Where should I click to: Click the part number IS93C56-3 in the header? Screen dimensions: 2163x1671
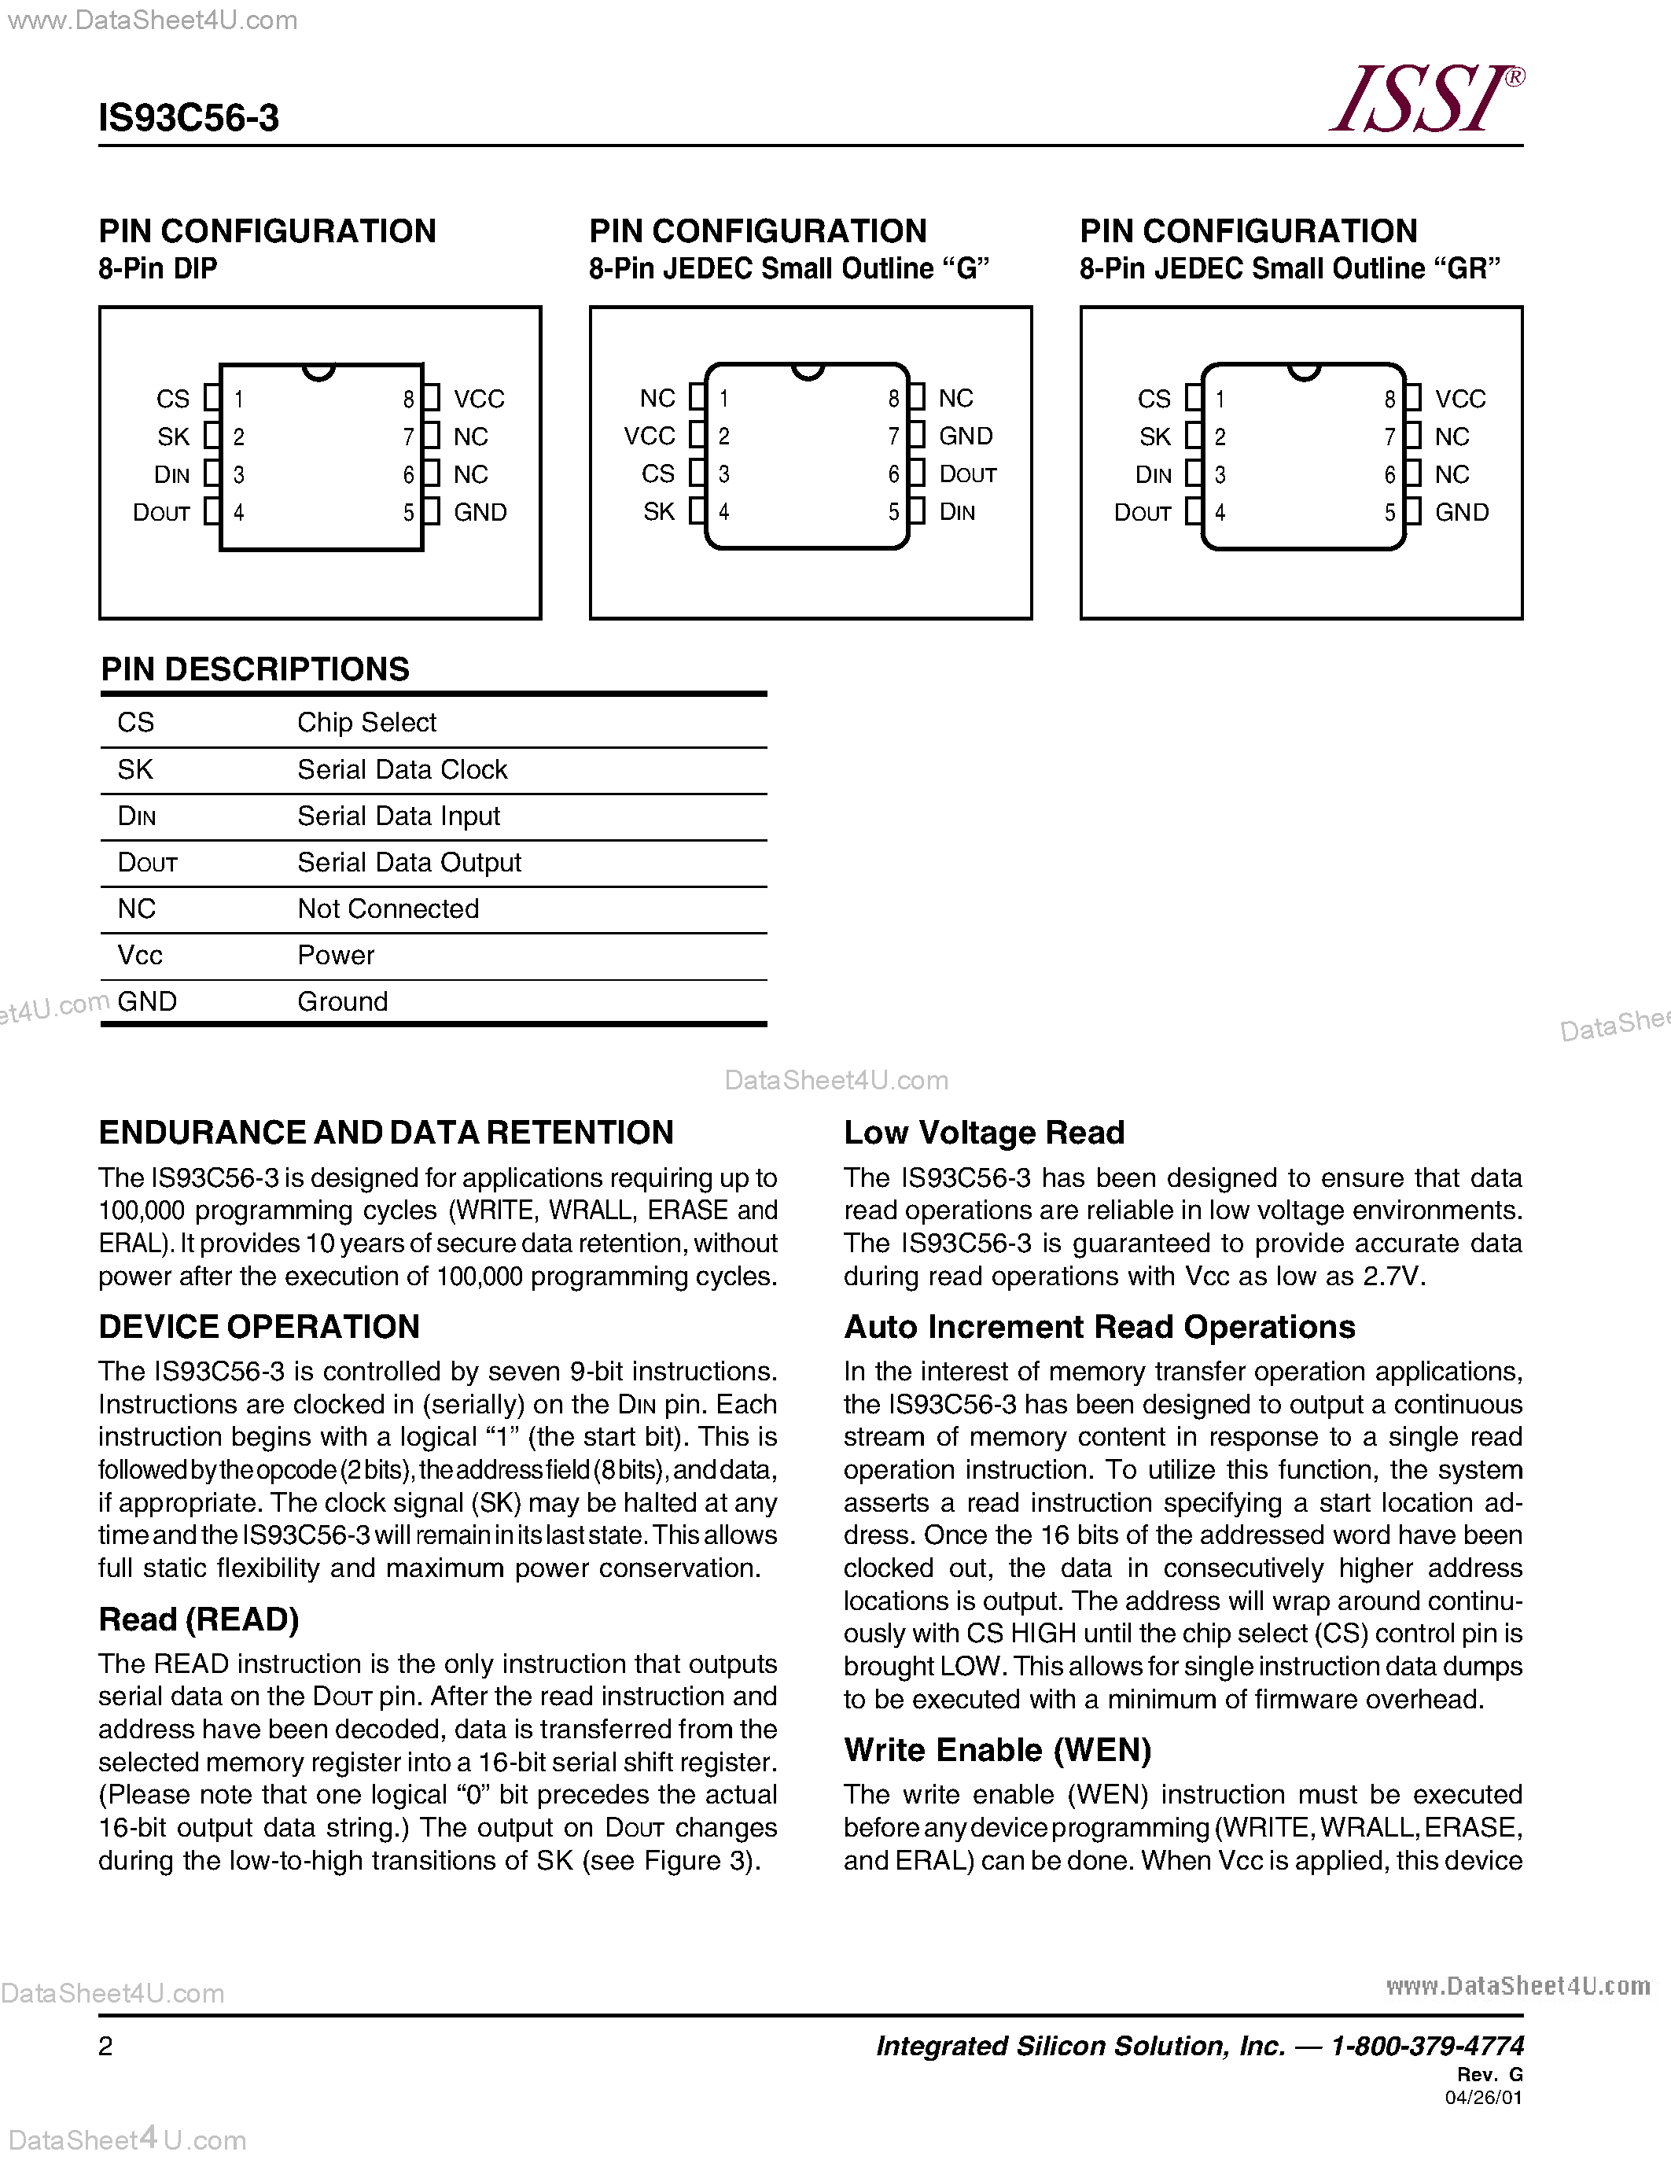pyautogui.click(x=188, y=118)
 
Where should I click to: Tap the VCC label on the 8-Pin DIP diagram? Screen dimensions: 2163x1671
pyautogui.click(x=479, y=399)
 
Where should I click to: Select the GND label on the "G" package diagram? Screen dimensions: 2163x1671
pyautogui.click(x=965, y=436)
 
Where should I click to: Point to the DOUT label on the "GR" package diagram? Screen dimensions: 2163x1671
pyautogui.click(x=1143, y=513)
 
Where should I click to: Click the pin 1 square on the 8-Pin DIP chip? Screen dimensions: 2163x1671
pyautogui.click(x=212, y=398)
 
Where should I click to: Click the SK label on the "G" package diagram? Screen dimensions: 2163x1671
pyautogui.click(x=658, y=512)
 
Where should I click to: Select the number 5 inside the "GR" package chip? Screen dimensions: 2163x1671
pyautogui.click(x=1389, y=513)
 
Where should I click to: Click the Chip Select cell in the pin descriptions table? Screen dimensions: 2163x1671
pyautogui.click(x=366, y=722)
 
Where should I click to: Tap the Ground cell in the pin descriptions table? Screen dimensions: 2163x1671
pyautogui.click(x=343, y=1001)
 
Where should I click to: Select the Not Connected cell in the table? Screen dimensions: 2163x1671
pyautogui.click(x=388, y=908)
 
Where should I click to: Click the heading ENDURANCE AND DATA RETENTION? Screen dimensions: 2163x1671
pyautogui.click(x=386, y=1132)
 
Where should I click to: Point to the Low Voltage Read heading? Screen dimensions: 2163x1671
pyautogui.click(x=984, y=1132)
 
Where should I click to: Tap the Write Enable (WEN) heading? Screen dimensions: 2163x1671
pyautogui.click(x=997, y=1750)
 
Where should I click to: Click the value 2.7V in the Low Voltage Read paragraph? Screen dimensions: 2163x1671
pyautogui.click(x=1393, y=1276)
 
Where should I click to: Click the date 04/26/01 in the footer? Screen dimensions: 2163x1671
pyautogui.click(x=1483, y=2098)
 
